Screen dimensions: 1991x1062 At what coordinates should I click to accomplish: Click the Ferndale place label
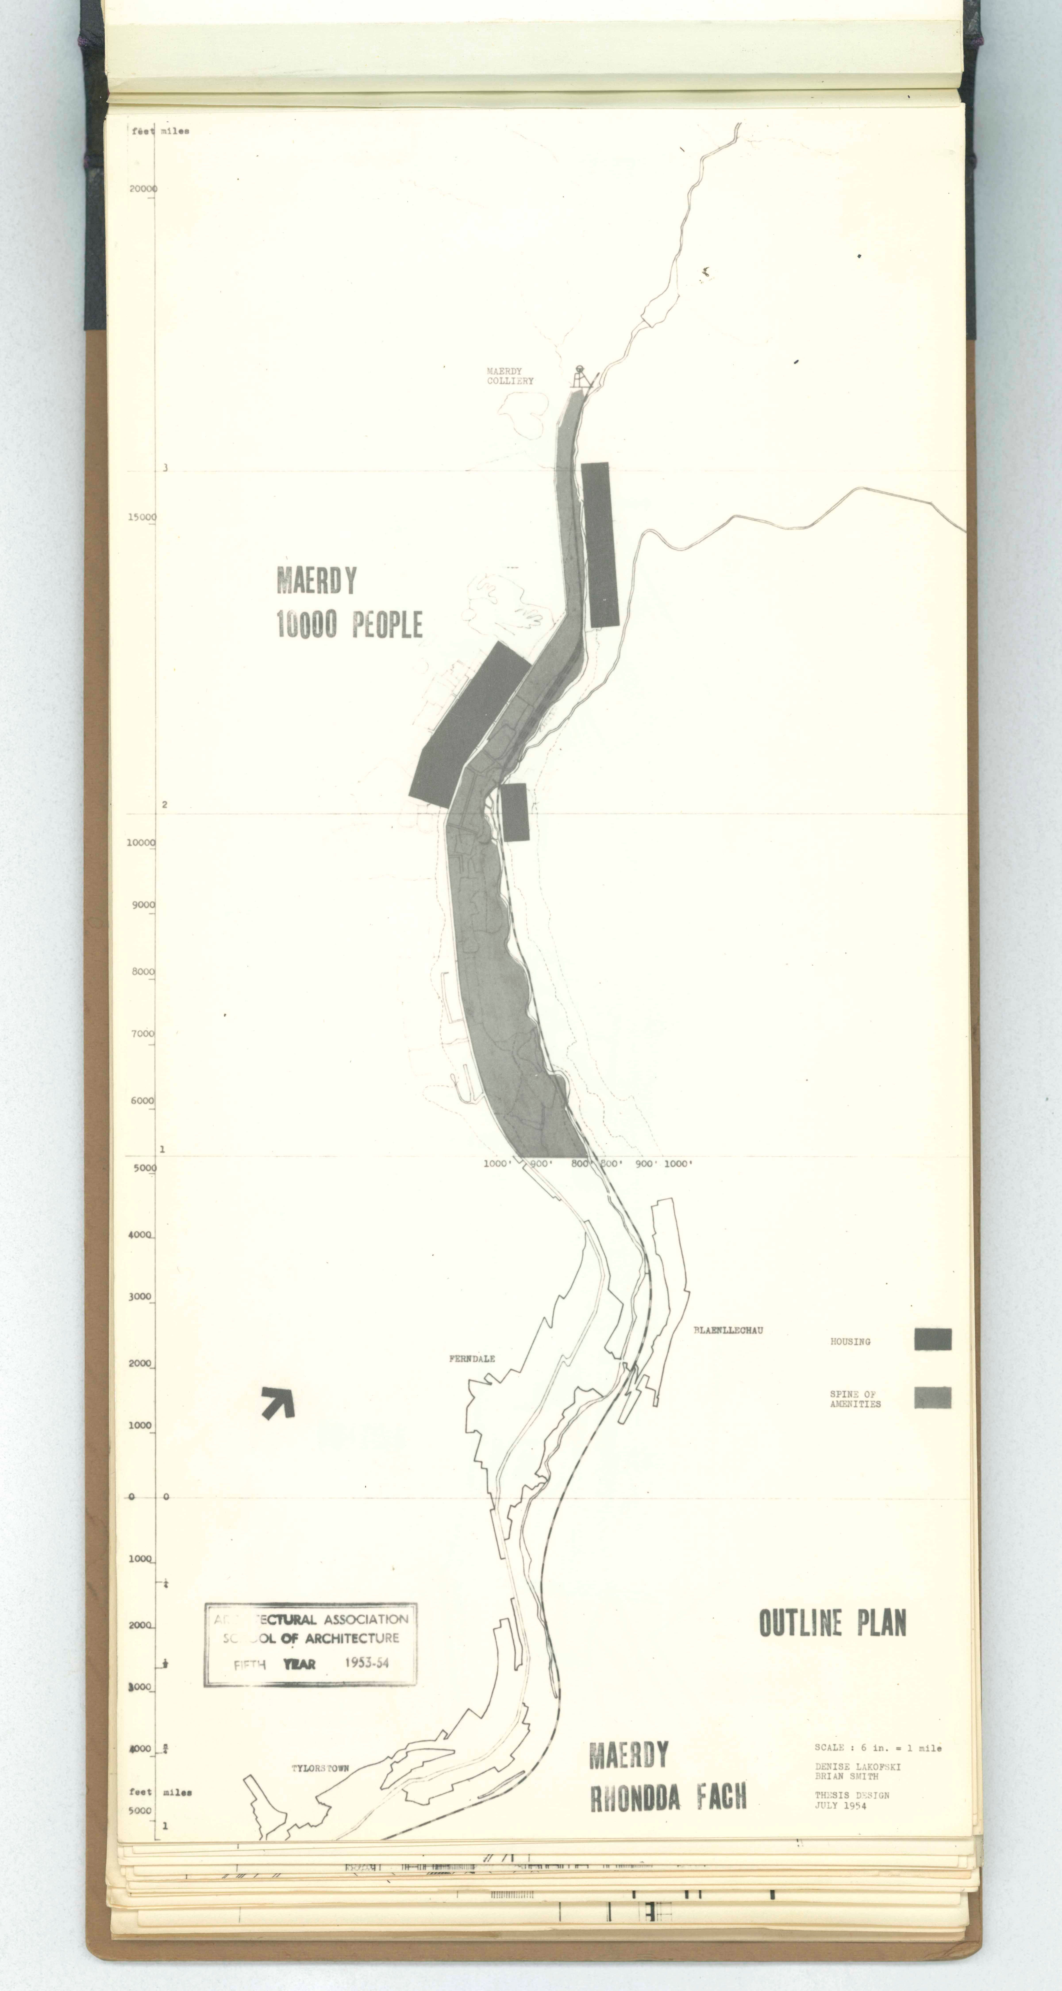(471, 1358)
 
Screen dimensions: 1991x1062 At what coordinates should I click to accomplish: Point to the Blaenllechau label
(728, 1330)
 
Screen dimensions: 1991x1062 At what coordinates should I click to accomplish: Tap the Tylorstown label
(320, 1768)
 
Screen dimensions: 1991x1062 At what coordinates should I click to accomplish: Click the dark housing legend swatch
(932, 1340)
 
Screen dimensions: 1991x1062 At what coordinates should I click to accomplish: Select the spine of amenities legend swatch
(932, 1397)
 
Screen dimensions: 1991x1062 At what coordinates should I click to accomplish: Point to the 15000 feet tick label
(142, 517)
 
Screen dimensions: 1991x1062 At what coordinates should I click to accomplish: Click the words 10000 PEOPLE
(349, 625)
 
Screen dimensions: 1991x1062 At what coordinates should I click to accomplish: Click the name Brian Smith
(846, 1776)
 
